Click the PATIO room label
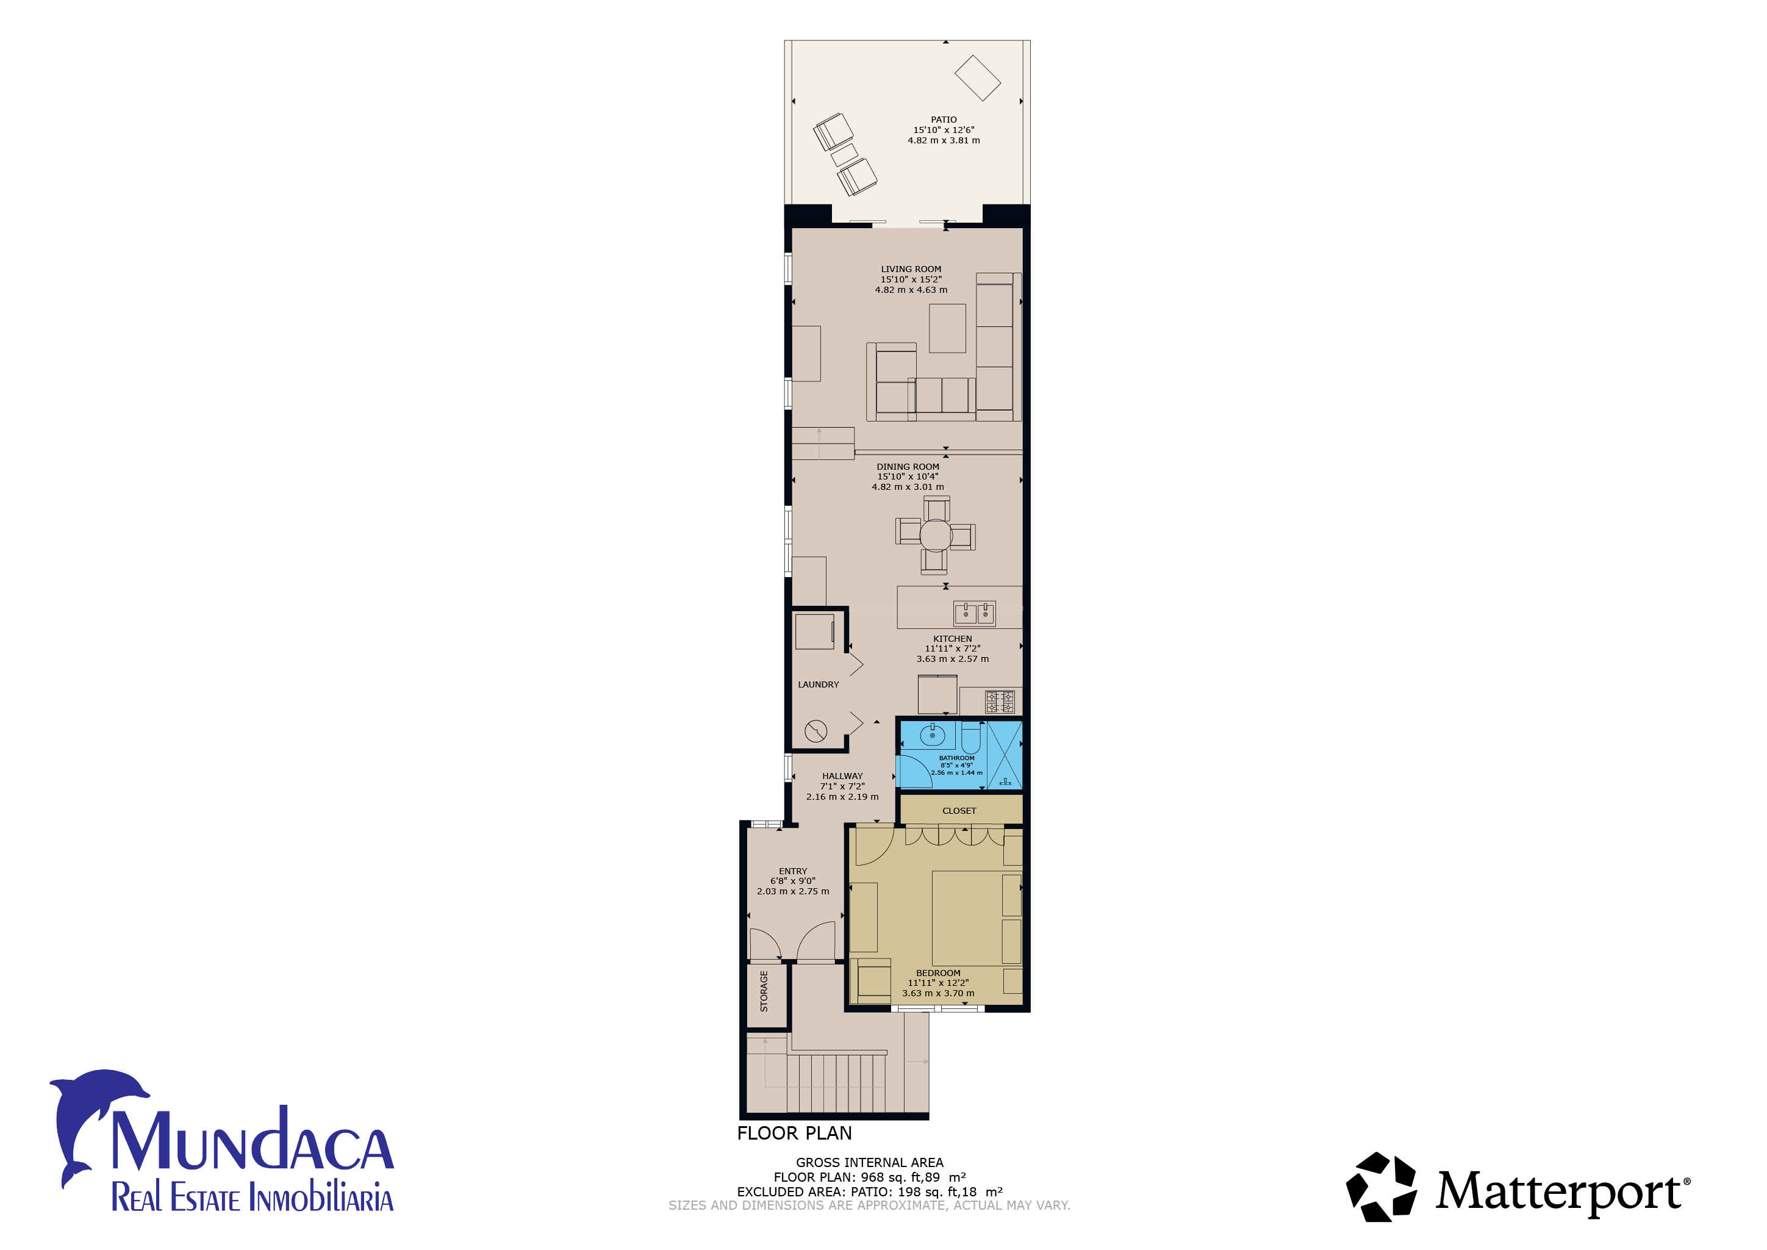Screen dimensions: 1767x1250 (944, 120)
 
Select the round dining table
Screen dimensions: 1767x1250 (936, 535)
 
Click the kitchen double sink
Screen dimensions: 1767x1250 (975, 614)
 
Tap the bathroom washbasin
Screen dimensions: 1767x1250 (933, 735)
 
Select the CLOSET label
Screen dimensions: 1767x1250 (959, 811)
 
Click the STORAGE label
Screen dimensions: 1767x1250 (764, 991)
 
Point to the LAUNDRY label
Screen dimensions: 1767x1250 (818, 684)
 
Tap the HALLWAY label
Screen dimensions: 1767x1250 (842, 776)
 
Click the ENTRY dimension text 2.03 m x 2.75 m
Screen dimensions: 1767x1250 (793, 891)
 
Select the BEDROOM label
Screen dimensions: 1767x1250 (938, 973)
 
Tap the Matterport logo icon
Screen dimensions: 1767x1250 (1381, 1187)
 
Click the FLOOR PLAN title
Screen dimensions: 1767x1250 (794, 1133)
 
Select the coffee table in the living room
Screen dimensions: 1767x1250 (947, 328)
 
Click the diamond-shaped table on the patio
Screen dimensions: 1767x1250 (977, 77)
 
